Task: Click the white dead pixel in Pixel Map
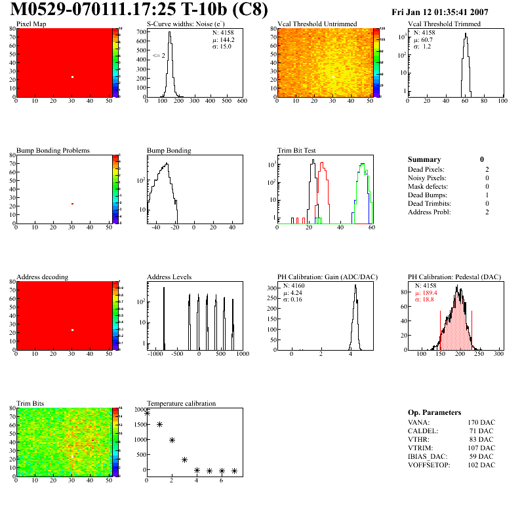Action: click(x=72, y=77)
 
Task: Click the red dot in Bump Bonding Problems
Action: click(x=72, y=204)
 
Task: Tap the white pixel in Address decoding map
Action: click(x=72, y=330)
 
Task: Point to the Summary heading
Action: click(x=424, y=159)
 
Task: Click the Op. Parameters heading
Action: click(x=434, y=412)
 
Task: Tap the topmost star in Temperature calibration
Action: click(x=147, y=413)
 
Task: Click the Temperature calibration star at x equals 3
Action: click(x=185, y=460)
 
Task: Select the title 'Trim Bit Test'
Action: click(x=297, y=150)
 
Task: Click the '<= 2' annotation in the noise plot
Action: click(x=159, y=56)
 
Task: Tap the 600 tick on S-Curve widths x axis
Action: click(x=242, y=101)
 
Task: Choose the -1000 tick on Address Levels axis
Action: click(x=155, y=354)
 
